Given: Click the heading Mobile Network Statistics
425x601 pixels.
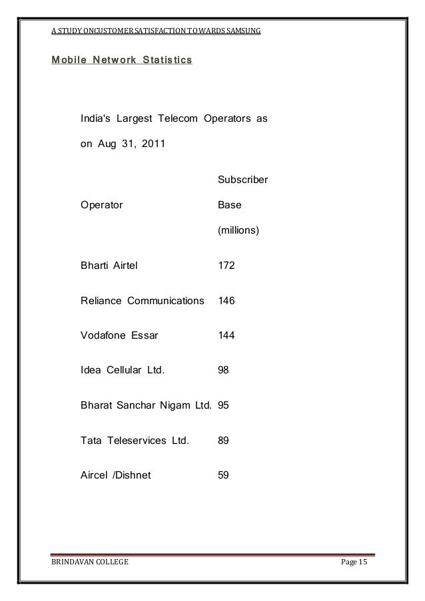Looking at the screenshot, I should tap(121, 61).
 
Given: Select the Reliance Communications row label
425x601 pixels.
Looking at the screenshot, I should tap(142, 300).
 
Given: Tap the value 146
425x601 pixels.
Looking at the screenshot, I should tap(226, 300).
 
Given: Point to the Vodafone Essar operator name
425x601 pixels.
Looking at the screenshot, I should tap(119, 335).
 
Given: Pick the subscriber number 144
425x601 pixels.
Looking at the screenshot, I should tap(226, 335).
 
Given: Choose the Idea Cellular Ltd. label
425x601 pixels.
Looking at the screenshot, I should tap(123, 370).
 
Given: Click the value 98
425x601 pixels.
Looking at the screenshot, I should tap(224, 370).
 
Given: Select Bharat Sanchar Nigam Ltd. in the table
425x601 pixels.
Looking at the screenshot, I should tap(146, 405).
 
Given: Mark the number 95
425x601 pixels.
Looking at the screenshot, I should tap(224, 405).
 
